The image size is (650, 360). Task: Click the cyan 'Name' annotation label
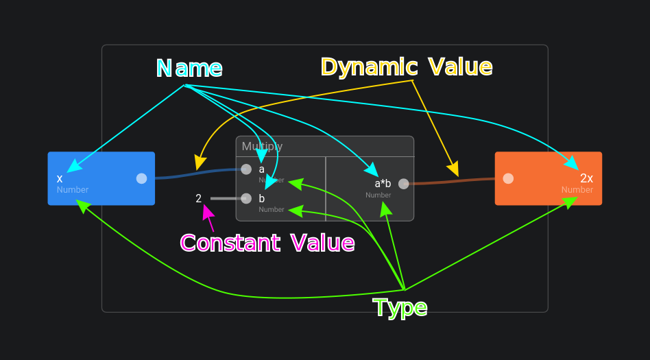point(189,68)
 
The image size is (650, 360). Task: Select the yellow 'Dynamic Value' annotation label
point(406,67)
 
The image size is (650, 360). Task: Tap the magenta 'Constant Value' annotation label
point(267,243)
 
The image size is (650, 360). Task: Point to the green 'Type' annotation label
point(400,308)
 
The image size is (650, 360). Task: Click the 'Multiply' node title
point(262,146)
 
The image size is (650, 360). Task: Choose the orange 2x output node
point(548,178)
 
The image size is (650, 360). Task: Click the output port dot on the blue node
point(141,178)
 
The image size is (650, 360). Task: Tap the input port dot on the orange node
point(508,178)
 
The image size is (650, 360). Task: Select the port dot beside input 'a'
point(246,169)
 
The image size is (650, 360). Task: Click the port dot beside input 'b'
point(246,198)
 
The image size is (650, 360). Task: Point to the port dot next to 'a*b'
point(403,183)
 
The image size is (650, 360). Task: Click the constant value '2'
point(198,199)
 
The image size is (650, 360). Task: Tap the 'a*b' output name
point(383,183)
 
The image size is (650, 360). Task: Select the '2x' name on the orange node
point(586,178)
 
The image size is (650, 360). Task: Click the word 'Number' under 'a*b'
point(378,195)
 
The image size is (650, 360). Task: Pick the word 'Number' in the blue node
point(73,190)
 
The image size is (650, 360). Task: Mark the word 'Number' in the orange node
point(577,190)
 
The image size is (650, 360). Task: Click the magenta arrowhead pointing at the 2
point(207,211)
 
